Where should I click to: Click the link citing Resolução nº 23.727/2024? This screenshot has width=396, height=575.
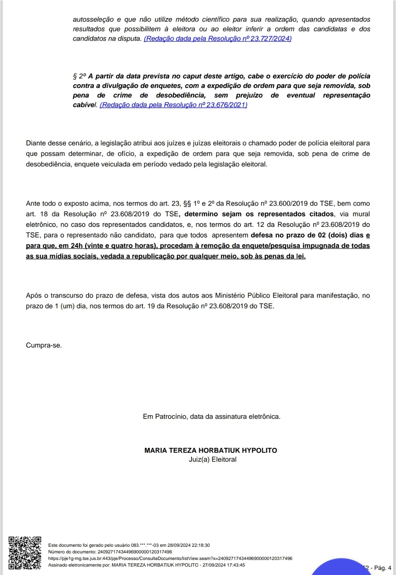tap(217, 38)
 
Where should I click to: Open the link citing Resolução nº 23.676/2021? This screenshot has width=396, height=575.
tap(173, 105)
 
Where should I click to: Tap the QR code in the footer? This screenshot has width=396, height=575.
tap(25, 553)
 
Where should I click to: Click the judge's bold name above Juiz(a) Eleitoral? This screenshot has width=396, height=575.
tap(210, 450)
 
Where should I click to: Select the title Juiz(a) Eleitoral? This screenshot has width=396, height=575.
tap(212, 460)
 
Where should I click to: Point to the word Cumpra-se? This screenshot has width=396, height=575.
tap(44, 345)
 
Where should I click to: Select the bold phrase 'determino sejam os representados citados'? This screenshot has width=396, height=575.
tap(259, 214)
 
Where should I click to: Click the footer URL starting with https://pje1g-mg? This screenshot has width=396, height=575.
tap(170, 559)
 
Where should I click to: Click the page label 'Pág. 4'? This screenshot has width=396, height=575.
tap(382, 568)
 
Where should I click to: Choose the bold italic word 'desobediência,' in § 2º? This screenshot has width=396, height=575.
tap(180, 95)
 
